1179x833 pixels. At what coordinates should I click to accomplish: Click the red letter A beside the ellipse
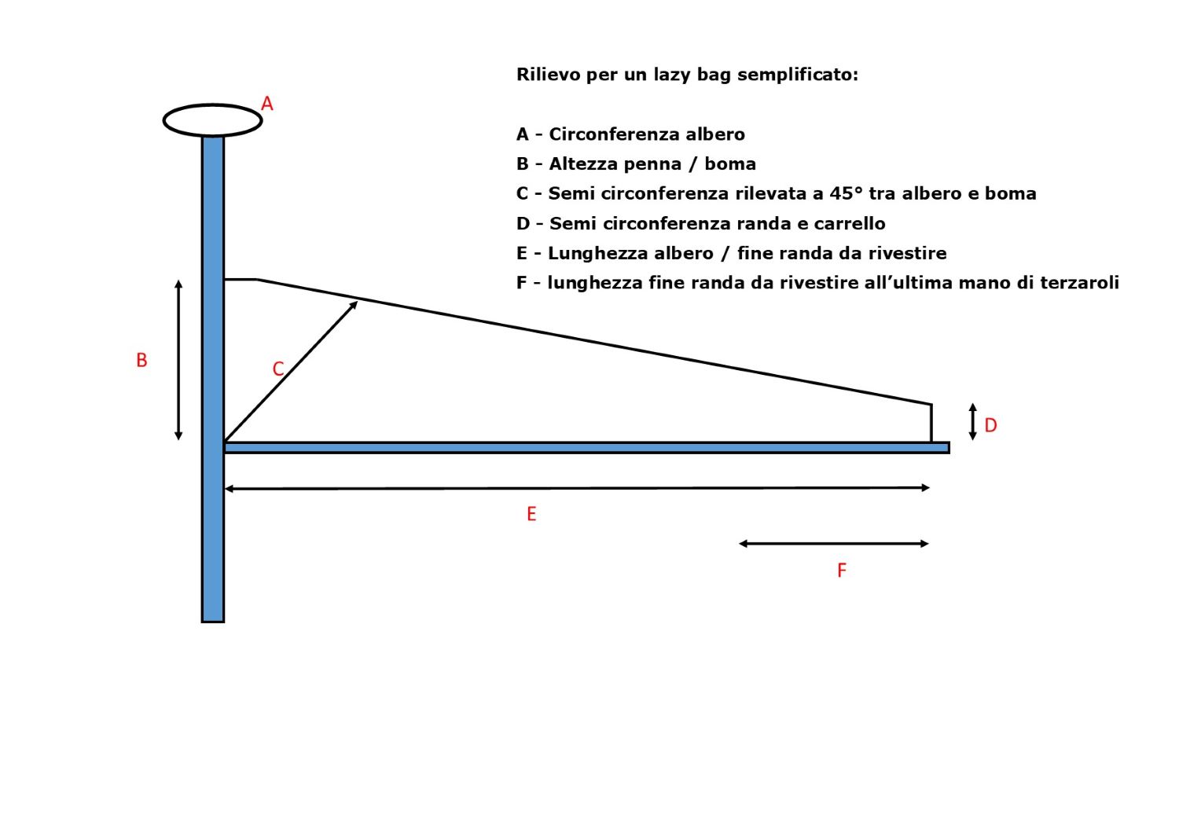[x=267, y=104]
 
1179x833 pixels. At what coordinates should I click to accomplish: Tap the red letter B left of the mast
[x=141, y=361]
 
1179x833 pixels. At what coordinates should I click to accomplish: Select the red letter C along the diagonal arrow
[x=278, y=369]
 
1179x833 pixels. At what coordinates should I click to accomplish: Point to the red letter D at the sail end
[x=990, y=426]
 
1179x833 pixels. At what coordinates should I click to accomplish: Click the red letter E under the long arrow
[x=531, y=514]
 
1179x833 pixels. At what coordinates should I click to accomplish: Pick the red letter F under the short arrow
[x=842, y=571]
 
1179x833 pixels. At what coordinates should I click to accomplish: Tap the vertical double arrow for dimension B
[x=178, y=361]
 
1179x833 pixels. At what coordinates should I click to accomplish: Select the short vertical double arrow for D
[x=973, y=422]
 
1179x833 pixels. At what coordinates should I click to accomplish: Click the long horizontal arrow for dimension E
[x=578, y=488]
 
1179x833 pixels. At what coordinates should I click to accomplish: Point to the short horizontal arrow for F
[x=834, y=544]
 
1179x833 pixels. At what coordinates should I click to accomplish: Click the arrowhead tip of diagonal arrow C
[x=358, y=302]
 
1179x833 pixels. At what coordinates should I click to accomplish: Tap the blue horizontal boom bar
[x=587, y=448]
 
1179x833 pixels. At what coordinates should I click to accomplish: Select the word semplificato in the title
[x=798, y=75]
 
